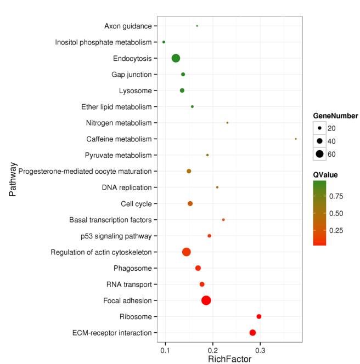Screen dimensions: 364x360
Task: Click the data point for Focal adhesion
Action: (206, 300)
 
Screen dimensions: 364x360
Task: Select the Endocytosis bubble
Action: (176, 58)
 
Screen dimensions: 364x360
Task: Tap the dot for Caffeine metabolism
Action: (296, 139)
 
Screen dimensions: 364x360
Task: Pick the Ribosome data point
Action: (259, 316)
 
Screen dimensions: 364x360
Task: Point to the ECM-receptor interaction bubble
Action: (252, 333)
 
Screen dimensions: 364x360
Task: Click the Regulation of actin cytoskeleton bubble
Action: (186, 252)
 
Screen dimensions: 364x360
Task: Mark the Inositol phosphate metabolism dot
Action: (164, 42)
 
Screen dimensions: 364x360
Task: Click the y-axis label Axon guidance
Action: (128, 26)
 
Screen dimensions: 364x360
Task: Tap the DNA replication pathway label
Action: (126, 187)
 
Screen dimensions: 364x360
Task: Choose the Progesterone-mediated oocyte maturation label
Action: (85, 172)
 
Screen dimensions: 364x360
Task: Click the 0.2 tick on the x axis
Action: (213, 349)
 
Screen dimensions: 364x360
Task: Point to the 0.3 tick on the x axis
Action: (260, 349)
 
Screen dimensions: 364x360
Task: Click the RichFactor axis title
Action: (229, 359)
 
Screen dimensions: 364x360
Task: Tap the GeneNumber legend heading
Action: (335, 116)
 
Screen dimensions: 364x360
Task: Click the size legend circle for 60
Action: (319, 154)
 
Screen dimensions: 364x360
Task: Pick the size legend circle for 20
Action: (319, 128)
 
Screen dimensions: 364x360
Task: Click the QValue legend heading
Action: (325, 175)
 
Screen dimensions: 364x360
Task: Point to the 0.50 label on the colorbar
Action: (336, 213)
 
